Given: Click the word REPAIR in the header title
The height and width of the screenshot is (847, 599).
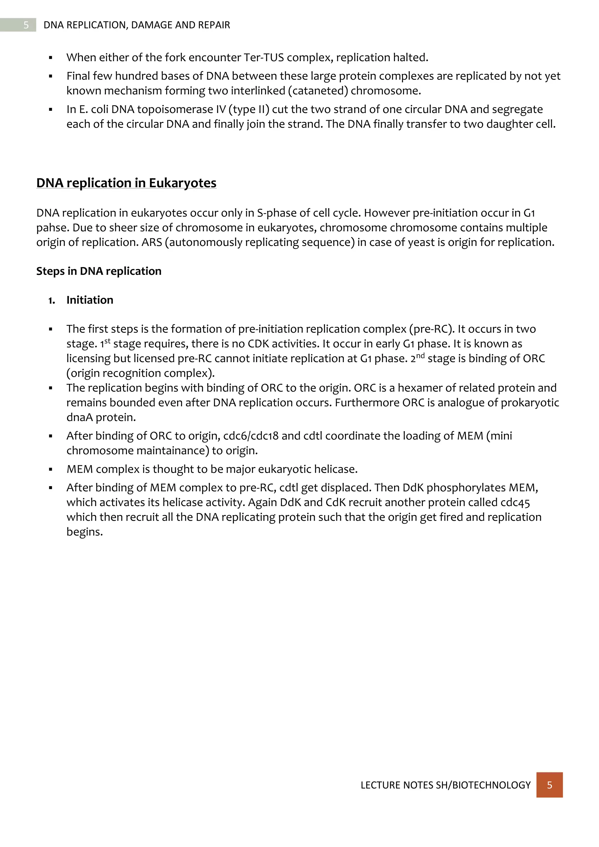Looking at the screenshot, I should (214, 25).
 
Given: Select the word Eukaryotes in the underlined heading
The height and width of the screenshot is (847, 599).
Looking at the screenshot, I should (182, 183).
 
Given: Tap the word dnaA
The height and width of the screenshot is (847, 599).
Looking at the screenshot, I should (80, 418).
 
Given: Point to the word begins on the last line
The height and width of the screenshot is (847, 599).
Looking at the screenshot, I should (84, 532).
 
